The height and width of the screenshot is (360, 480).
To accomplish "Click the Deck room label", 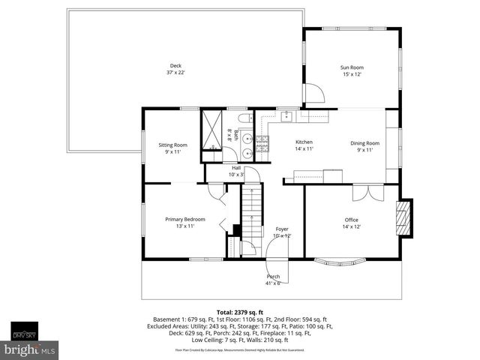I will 175,66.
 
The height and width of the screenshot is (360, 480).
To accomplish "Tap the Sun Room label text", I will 352,67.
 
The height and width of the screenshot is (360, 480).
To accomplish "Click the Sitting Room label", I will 172,145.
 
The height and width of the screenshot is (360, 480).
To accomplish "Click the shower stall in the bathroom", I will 213,127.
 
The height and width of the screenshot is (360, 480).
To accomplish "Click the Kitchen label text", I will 304,142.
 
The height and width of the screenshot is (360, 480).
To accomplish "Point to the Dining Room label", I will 365,142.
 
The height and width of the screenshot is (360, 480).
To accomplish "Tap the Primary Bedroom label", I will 184,219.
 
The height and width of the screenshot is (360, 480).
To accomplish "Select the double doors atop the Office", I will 361,191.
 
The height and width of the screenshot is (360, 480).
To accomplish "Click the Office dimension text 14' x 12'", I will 351,226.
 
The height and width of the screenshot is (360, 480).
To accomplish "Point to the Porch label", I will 273,276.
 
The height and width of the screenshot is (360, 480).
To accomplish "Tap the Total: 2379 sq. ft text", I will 239,311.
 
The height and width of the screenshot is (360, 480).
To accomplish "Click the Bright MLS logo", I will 30,349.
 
